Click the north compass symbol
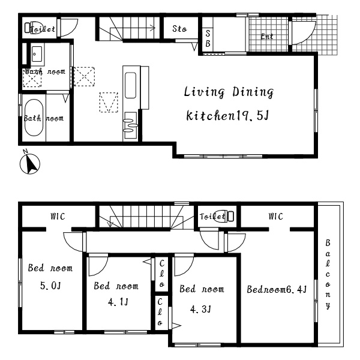(29, 163)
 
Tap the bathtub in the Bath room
(34, 118)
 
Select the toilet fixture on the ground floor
(34, 28)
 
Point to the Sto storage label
(179, 29)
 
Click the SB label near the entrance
(208, 38)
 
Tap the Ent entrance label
(267, 37)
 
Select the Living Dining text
(229, 92)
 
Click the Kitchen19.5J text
(227, 115)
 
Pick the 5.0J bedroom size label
(50, 286)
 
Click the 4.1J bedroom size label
(118, 302)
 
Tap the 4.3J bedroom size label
(200, 310)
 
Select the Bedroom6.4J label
(277, 290)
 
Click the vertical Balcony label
(328, 275)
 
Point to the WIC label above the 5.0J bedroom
(58, 216)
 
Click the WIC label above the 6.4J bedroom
(276, 216)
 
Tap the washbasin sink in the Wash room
(37, 54)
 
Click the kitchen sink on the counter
(130, 85)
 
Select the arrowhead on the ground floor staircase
(153, 28)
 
